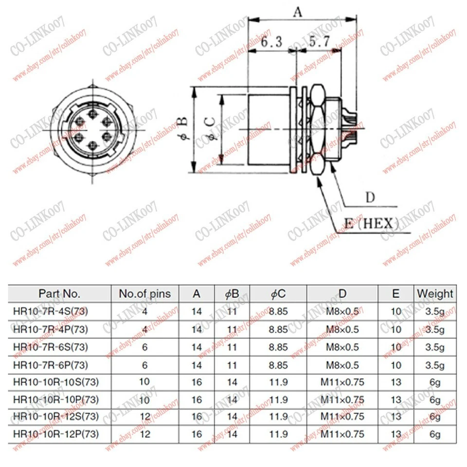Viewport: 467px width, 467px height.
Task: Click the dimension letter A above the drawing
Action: tap(297, 12)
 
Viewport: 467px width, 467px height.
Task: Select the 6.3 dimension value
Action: tap(271, 42)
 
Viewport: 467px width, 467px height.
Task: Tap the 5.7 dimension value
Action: tap(320, 42)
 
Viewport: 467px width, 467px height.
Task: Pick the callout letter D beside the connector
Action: tap(371, 198)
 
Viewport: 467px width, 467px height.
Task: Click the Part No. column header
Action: tap(60, 293)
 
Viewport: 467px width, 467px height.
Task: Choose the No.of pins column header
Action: tap(145, 293)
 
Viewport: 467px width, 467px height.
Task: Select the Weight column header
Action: tap(434, 293)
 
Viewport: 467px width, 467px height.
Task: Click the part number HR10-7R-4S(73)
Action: tap(51, 311)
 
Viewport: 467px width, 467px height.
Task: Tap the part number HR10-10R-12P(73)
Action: tap(56, 434)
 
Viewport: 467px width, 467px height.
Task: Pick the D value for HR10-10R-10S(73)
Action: tap(342, 382)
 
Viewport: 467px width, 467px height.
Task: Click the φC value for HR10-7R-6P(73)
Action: tap(278, 365)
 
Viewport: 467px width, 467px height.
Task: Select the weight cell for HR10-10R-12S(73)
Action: tap(434, 417)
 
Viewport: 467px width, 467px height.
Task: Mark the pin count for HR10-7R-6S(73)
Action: tap(145, 347)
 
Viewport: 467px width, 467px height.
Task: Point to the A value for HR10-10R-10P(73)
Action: tap(197, 400)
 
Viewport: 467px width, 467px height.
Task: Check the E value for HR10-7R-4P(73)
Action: tap(396, 329)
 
